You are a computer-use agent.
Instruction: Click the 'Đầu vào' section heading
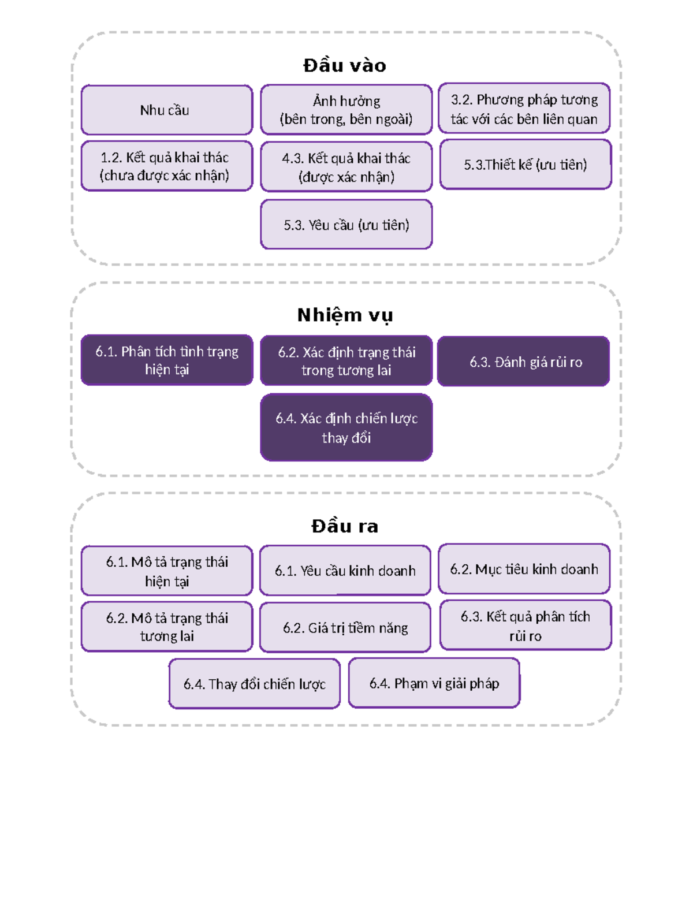click(x=345, y=65)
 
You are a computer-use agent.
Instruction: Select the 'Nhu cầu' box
click(x=167, y=110)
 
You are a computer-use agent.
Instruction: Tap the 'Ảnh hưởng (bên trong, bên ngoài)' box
click(x=346, y=110)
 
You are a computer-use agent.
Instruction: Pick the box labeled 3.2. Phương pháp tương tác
click(x=524, y=109)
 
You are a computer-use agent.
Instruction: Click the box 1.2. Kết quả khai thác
click(x=167, y=166)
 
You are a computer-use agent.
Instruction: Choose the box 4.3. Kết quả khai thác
click(x=346, y=167)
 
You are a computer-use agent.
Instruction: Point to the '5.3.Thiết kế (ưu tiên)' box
click(x=525, y=165)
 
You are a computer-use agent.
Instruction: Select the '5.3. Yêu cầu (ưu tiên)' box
click(x=346, y=225)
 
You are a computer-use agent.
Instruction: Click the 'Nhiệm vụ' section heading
click(x=345, y=315)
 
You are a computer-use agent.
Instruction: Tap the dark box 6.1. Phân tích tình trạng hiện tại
click(x=167, y=360)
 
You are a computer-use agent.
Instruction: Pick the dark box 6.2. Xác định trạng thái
click(x=346, y=361)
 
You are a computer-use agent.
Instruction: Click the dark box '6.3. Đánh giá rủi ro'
click(x=523, y=362)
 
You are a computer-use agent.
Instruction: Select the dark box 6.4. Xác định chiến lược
click(x=346, y=427)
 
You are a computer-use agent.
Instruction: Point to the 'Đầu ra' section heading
click(x=345, y=526)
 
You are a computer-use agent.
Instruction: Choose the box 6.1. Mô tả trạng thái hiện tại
click(x=167, y=571)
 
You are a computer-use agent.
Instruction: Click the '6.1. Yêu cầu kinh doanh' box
click(x=345, y=571)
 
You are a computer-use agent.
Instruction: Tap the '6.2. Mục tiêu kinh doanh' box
click(x=524, y=569)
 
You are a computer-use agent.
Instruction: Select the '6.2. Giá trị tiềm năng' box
click(x=345, y=627)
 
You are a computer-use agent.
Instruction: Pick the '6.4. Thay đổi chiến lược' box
click(x=254, y=684)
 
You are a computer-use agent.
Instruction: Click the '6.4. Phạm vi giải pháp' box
click(x=434, y=683)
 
